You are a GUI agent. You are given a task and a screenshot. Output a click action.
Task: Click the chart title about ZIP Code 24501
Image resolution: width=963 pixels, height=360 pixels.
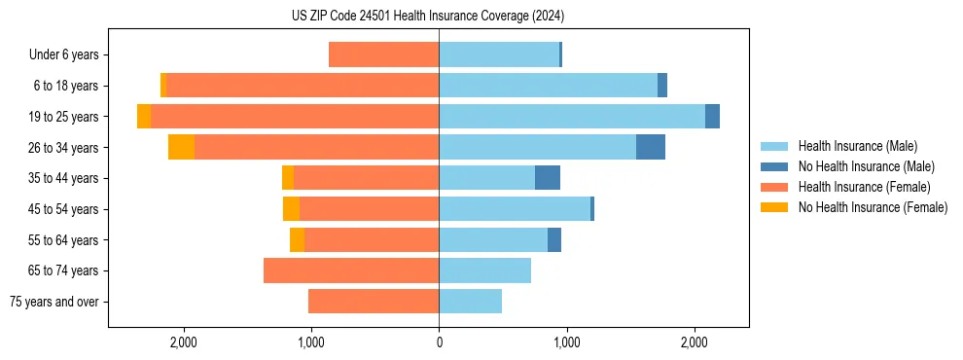coord(427,16)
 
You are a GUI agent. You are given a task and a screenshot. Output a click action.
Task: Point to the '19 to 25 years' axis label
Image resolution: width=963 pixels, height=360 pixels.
coord(64,117)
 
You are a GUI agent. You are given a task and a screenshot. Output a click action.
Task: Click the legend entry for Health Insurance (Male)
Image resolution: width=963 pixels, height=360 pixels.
coord(857,146)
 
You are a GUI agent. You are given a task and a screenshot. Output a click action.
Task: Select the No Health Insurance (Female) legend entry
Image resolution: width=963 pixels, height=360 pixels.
coord(873,207)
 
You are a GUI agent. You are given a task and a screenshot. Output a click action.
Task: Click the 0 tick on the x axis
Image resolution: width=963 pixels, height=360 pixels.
coord(439,342)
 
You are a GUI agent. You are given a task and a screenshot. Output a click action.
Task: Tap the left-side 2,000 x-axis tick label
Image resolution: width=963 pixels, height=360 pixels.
coord(183,342)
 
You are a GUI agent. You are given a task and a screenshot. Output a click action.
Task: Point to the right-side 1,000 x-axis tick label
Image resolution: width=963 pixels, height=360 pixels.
coord(566,342)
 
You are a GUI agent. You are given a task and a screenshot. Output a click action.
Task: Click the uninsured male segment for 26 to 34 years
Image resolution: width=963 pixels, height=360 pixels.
coord(651,147)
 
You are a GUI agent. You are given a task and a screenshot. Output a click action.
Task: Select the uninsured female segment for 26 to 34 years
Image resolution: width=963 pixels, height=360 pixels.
coord(181,147)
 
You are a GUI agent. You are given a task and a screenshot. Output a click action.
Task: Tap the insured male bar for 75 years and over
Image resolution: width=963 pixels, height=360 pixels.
coord(470,302)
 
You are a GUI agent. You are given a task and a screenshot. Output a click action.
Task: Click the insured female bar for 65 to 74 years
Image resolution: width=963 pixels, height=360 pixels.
coord(351,270)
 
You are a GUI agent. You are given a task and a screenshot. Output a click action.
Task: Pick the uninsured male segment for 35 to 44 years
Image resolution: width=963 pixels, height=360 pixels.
coord(548,178)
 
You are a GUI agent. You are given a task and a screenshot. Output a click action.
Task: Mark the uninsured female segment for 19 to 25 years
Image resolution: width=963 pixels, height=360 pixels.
coord(144,117)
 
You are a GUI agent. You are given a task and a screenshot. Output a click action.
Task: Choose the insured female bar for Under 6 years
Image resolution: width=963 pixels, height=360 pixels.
coord(383,54)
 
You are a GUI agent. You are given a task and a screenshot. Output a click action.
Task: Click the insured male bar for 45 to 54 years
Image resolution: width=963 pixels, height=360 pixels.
coord(515,209)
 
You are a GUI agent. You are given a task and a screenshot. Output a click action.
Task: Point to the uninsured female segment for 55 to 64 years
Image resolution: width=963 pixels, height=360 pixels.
coord(297,239)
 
